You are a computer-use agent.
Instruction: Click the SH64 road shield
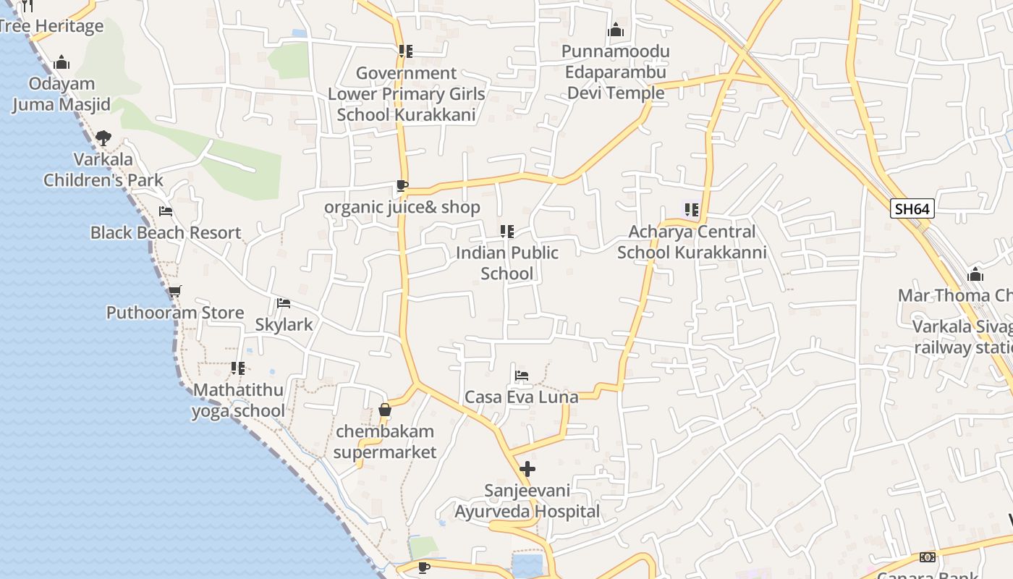point(912,209)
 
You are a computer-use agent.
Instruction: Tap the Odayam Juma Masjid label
point(62,94)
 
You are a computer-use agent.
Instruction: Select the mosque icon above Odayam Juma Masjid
point(62,62)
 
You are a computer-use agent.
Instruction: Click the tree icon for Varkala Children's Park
point(103,138)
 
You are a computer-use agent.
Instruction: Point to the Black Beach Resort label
point(166,232)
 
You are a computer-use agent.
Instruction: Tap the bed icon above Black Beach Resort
point(166,211)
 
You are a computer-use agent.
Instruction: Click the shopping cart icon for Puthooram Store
point(174,291)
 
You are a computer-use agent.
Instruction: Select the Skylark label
point(284,324)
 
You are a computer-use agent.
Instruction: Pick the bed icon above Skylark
point(284,303)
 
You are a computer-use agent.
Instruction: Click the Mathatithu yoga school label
point(238,400)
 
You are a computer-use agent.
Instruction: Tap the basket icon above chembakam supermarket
point(385,410)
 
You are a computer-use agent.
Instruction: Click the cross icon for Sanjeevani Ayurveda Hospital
point(527,468)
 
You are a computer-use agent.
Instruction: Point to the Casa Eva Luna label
point(521,397)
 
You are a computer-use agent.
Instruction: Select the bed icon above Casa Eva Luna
point(521,375)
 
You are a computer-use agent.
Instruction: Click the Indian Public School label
point(507,263)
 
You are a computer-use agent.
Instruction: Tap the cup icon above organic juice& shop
point(402,186)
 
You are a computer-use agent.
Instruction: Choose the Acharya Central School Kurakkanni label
point(692,242)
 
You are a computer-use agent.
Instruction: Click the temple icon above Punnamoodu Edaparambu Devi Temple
point(616,30)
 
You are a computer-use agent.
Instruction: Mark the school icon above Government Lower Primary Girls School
point(406,51)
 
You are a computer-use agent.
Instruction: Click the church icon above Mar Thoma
point(975,274)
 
